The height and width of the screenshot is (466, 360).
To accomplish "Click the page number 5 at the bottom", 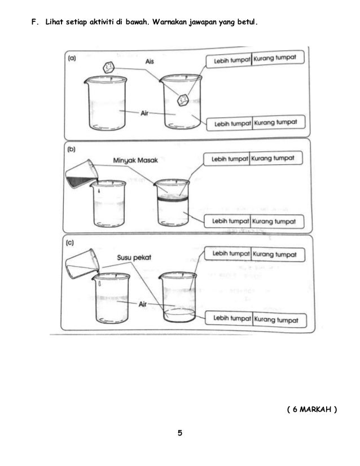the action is (x=180, y=433).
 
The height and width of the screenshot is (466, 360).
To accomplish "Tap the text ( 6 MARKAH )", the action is (x=312, y=409).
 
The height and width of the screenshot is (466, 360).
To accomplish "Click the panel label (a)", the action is (x=72, y=58).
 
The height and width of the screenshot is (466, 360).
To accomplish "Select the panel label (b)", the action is (x=71, y=149).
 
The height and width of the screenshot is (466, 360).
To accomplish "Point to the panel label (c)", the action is (x=69, y=243).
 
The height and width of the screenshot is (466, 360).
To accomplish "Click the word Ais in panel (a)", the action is (x=150, y=61).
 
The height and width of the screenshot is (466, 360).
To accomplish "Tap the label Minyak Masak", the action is (x=135, y=160).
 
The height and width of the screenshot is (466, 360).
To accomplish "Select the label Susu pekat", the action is (x=134, y=257).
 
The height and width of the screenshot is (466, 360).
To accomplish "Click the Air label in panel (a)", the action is (x=144, y=113).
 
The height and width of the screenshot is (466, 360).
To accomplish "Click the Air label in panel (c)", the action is (x=143, y=304).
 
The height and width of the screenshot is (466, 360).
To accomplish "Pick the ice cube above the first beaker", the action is (x=108, y=68).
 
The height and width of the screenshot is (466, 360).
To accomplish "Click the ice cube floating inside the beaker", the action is (x=183, y=100).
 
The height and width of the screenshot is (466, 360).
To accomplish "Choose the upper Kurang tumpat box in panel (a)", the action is (x=278, y=58).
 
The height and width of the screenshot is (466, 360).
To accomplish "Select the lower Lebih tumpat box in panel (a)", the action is (x=230, y=124).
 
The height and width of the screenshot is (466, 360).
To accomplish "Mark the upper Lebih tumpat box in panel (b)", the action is (x=227, y=159).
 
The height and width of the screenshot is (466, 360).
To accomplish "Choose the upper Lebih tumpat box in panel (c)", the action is (x=228, y=254).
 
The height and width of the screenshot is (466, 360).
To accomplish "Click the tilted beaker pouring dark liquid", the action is (x=81, y=174).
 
